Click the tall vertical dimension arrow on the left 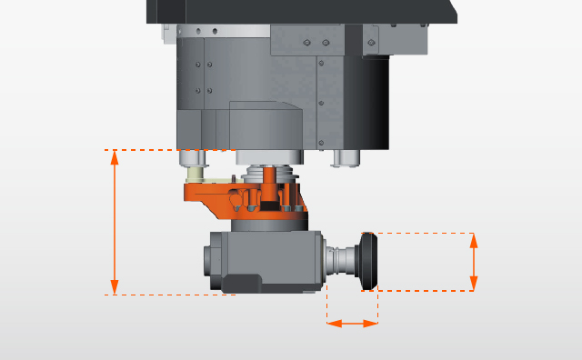115,222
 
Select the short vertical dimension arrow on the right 474,262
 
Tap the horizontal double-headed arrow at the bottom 352,323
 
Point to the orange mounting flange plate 218,195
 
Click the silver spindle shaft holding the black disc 342,261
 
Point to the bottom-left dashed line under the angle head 168,295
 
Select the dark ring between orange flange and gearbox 269,224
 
